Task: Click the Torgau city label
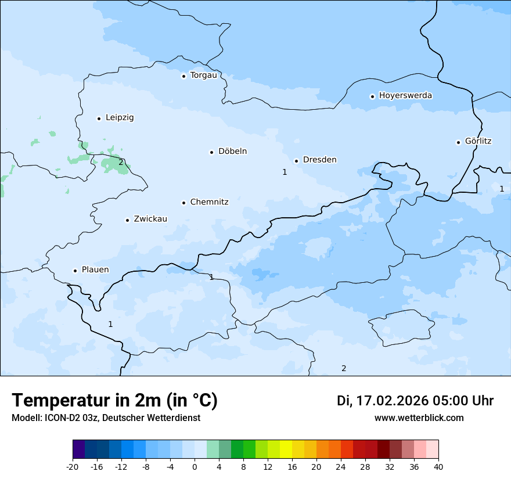pyautogui.click(x=203, y=75)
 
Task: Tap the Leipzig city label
pyautogui.click(x=120, y=117)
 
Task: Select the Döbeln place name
pyautogui.click(x=232, y=152)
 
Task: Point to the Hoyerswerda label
pyautogui.click(x=405, y=95)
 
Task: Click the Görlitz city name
pyautogui.click(x=478, y=141)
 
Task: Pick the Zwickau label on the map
pyautogui.click(x=150, y=219)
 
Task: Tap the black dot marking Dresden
pyautogui.click(x=296, y=161)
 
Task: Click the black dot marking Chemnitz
pyautogui.click(x=183, y=203)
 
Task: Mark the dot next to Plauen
pyautogui.click(x=75, y=271)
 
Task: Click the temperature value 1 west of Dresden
pyautogui.click(x=285, y=172)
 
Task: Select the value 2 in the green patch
pyautogui.click(x=121, y=162)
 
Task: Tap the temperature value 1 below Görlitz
pyautogui.click(x=502, y=189)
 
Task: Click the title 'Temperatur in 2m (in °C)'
pyautogui.click(x=114, y=401)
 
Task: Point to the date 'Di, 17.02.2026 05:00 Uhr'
pyautogui.click(x=415, y=401)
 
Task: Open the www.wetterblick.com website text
pyautogui.click(x=419, y=418)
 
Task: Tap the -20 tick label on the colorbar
pyautogui.click(x=73, y=467)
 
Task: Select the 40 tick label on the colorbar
pyautogui.click(x=438, y=467)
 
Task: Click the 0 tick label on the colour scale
pyautogui.click(x=195, y=467)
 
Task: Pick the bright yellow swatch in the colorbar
pyautogui.click(x=286, y=449)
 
